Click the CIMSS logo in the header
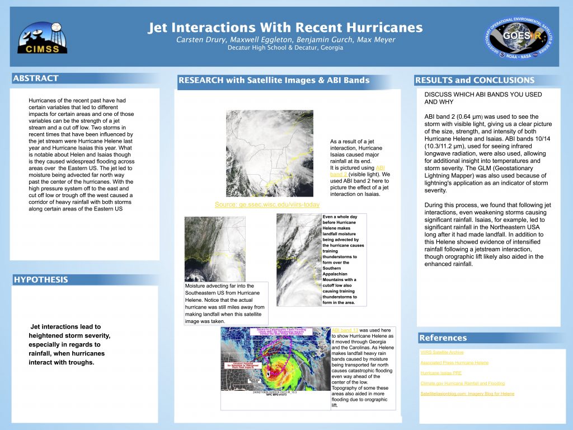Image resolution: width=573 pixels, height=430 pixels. point(43,38)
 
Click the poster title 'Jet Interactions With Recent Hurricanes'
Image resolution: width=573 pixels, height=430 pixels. point(285,27)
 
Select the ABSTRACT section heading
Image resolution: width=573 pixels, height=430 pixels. point(36,78)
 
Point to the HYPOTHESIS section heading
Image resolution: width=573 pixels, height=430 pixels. point(40,279)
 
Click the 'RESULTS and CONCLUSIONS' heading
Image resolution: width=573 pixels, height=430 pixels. point(475,80)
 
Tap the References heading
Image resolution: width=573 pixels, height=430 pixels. point(443,338)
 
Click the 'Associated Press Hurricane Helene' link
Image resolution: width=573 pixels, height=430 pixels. point(454,363)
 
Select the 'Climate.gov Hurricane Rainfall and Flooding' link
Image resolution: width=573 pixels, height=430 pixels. point(462,384)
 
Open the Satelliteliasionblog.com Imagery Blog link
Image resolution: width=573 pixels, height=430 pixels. point(467,394)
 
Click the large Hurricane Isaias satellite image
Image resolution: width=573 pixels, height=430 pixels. point(269,153)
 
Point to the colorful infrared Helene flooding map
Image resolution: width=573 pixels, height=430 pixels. point(275,359)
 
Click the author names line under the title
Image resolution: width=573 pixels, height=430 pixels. point(285,40)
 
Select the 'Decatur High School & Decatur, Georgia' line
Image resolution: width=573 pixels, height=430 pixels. point(285,48)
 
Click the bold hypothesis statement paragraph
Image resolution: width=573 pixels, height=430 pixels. point(70,344)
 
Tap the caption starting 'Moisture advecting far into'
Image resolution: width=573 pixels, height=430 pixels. point(226,303)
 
